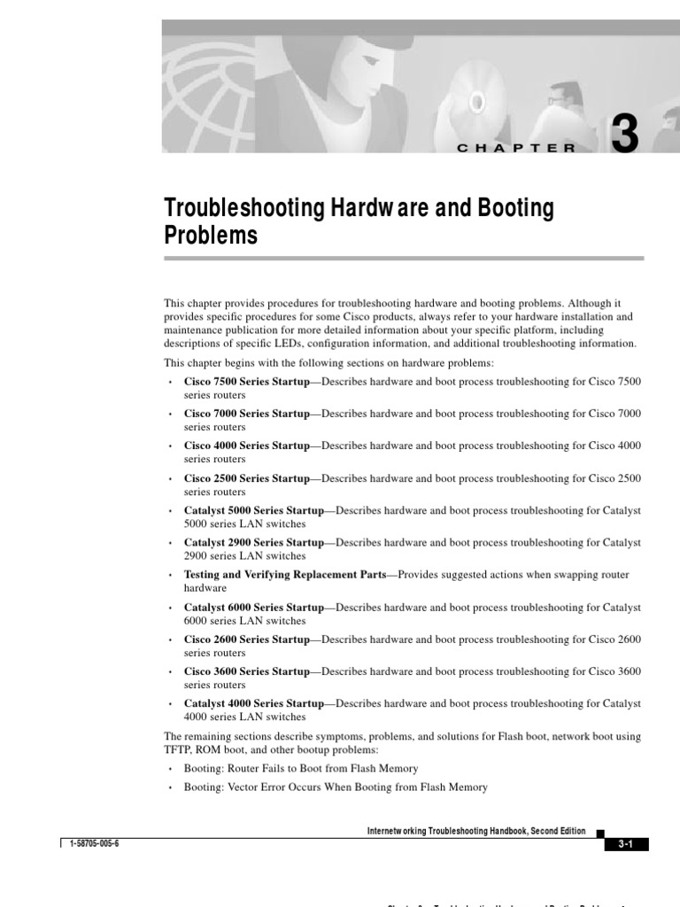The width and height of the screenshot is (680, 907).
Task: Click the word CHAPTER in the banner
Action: (517, 148)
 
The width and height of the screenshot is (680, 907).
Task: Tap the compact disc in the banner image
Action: (476, 103)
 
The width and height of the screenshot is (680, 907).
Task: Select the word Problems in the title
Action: (211, 236)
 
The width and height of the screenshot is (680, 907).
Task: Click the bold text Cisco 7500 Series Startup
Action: (246, 382)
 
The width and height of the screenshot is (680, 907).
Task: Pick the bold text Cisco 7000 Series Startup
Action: (246, 414)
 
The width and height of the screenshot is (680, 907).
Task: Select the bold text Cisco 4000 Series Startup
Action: (246, 446)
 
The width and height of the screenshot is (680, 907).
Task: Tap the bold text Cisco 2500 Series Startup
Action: (246, 478)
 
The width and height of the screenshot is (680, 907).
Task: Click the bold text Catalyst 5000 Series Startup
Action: (253, 510)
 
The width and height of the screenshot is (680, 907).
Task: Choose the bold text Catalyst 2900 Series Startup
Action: (253, 542)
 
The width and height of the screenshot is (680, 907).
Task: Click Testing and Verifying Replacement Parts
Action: (285, 575)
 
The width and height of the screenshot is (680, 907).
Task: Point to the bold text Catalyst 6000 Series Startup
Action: (253, 608)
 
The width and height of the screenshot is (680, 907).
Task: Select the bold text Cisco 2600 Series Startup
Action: (246, 640)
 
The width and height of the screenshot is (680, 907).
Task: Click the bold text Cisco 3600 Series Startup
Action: (246, 671)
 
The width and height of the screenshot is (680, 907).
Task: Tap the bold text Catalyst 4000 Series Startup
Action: (253, 703)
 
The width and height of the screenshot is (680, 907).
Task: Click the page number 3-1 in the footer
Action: (626, 845)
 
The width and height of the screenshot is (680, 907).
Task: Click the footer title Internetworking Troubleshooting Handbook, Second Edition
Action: (475, 831)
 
